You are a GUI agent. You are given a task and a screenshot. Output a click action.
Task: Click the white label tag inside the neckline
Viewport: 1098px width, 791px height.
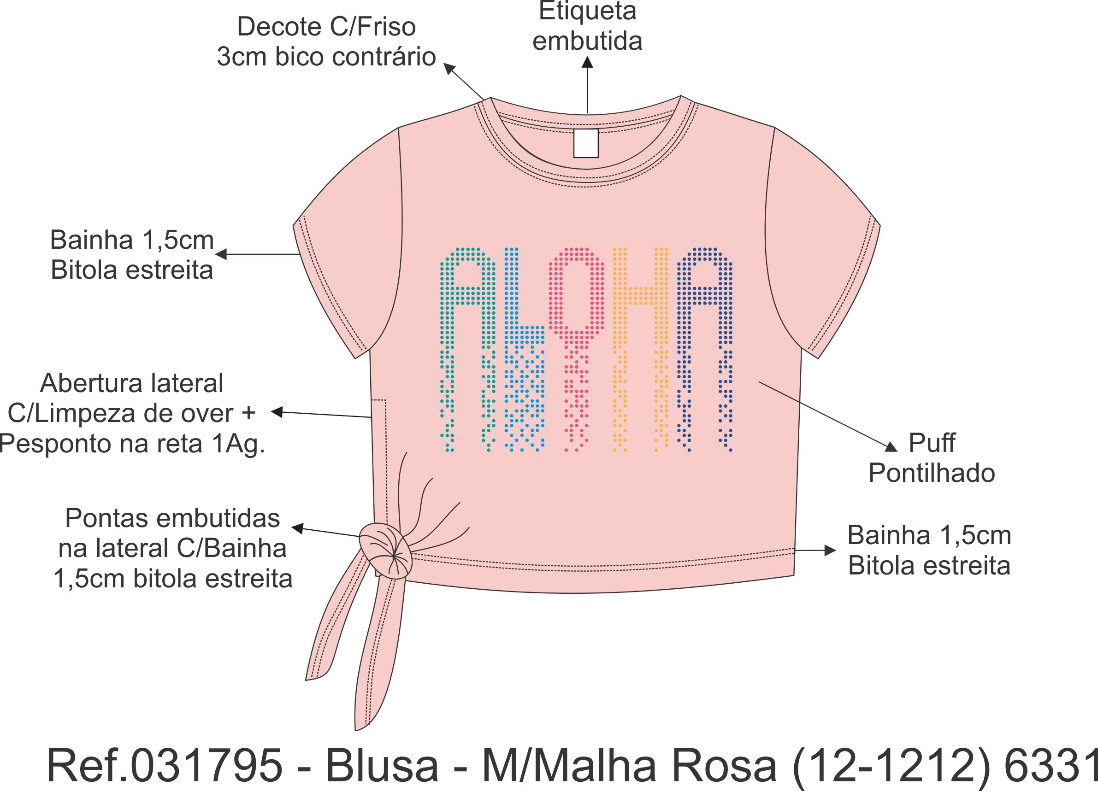tap(586, 143)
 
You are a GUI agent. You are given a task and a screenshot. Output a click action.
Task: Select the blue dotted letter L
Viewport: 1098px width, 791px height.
tap(523, 358)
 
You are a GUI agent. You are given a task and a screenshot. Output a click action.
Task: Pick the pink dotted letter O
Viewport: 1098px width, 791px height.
tap(576, 300)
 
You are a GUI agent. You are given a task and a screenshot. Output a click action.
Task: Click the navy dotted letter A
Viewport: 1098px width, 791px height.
tap(704, 339)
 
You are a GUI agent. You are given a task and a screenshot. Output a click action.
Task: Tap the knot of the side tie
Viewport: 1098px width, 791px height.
tap(385, 551)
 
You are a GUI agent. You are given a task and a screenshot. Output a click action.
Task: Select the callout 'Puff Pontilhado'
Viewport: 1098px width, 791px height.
tap(931, 457)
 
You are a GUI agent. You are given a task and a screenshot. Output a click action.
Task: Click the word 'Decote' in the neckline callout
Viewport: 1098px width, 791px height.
tap(272, 27)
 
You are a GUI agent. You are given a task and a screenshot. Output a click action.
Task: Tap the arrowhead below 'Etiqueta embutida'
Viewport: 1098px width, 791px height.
tap(587, 62)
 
